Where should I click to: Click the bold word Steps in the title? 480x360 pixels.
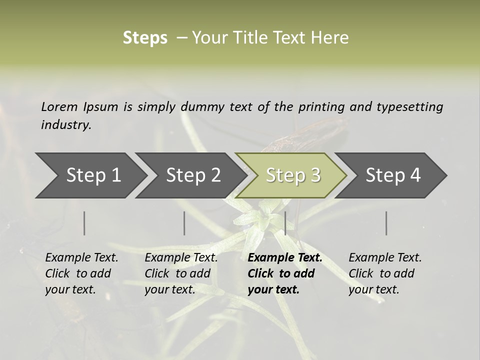(145, 38)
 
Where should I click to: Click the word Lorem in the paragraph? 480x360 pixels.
(59, 106)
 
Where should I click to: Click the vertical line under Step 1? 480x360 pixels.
(84, 223)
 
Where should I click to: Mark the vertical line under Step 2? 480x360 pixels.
(184, 223)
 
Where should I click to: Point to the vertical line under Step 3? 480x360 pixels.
(285, 223)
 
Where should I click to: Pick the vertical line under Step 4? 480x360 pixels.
(386, 223)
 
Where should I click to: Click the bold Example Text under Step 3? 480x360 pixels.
(285, 258)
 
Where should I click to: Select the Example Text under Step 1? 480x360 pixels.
(81, 258)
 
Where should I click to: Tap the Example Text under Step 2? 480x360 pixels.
(181, 258)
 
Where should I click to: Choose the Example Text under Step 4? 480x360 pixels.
(385, 258)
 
